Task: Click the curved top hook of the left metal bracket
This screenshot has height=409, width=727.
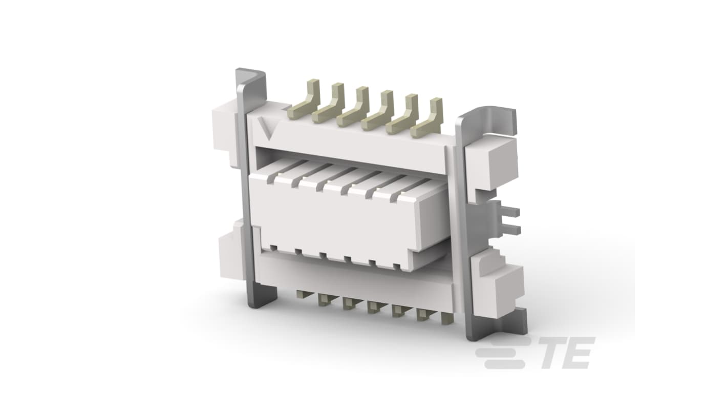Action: coord(251,77)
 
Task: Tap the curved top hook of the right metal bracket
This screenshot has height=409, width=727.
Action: coord(486,117)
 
